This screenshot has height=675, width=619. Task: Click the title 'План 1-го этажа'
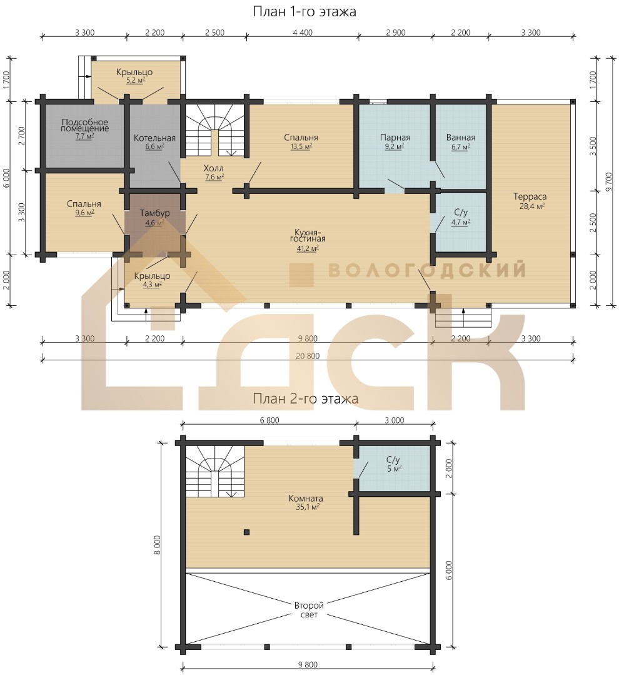pyautogui.click(x=304, y=12)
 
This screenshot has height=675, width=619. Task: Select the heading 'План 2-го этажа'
pyautogui.click(x=305, y=398)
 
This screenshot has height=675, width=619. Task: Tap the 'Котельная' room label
pyautogui.click(x=154, y=138)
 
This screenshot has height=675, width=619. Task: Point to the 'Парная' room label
pyautogui.click(x=395, y=138)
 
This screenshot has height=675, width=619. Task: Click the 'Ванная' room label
pyautogui.click(x=461, y=138)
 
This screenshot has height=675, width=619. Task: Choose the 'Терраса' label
pyautogui.click(x=530, y=196)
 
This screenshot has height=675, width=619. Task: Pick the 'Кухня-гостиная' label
pyautogui.click(x=308, y=235)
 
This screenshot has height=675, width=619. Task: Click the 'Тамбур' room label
pyautogui.click(x=155, y=213)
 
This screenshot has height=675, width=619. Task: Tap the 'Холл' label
pyautogui.click(x=213, y=168)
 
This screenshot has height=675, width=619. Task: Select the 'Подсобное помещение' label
pyautogui.click(x=85, y=125)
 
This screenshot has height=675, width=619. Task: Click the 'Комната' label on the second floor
pyautogui.click(x=306, y=499)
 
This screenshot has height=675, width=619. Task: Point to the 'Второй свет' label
pyautogui.click(x=309, y=610)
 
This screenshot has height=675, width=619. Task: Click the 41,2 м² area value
pyautogui.click(x=307, y=248)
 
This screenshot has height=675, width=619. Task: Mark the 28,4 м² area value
pyautogui.click(x=532, y=206)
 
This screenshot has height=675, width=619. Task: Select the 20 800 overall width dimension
pyautogui.click(x=308, y=356)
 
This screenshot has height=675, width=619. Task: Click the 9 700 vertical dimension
pyautogui.click(x=608, y=182)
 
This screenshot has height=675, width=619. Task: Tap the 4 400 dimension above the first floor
pyautogui.click(x=303, y=33)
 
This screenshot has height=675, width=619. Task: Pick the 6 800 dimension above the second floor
pyautogui.click(x=269, y=420)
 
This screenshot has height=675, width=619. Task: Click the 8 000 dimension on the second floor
pyautogui.click(x=157, y=545)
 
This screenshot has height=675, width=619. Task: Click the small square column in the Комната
pyautogui.click(x=246, y=532)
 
